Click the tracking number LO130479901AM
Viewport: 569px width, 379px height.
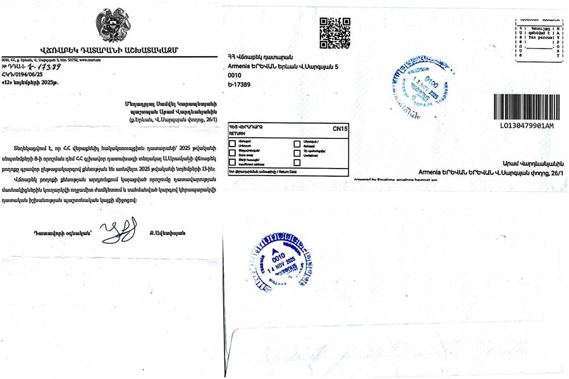[x=526, y=126]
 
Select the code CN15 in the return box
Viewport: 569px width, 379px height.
[x=340, y=128]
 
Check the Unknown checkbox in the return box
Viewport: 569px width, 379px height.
[x=231, y=143]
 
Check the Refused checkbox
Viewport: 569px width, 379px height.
[x=297, y=143]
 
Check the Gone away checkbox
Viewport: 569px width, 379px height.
[x=231, y=153]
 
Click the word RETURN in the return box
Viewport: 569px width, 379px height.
[x=236, y=134]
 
